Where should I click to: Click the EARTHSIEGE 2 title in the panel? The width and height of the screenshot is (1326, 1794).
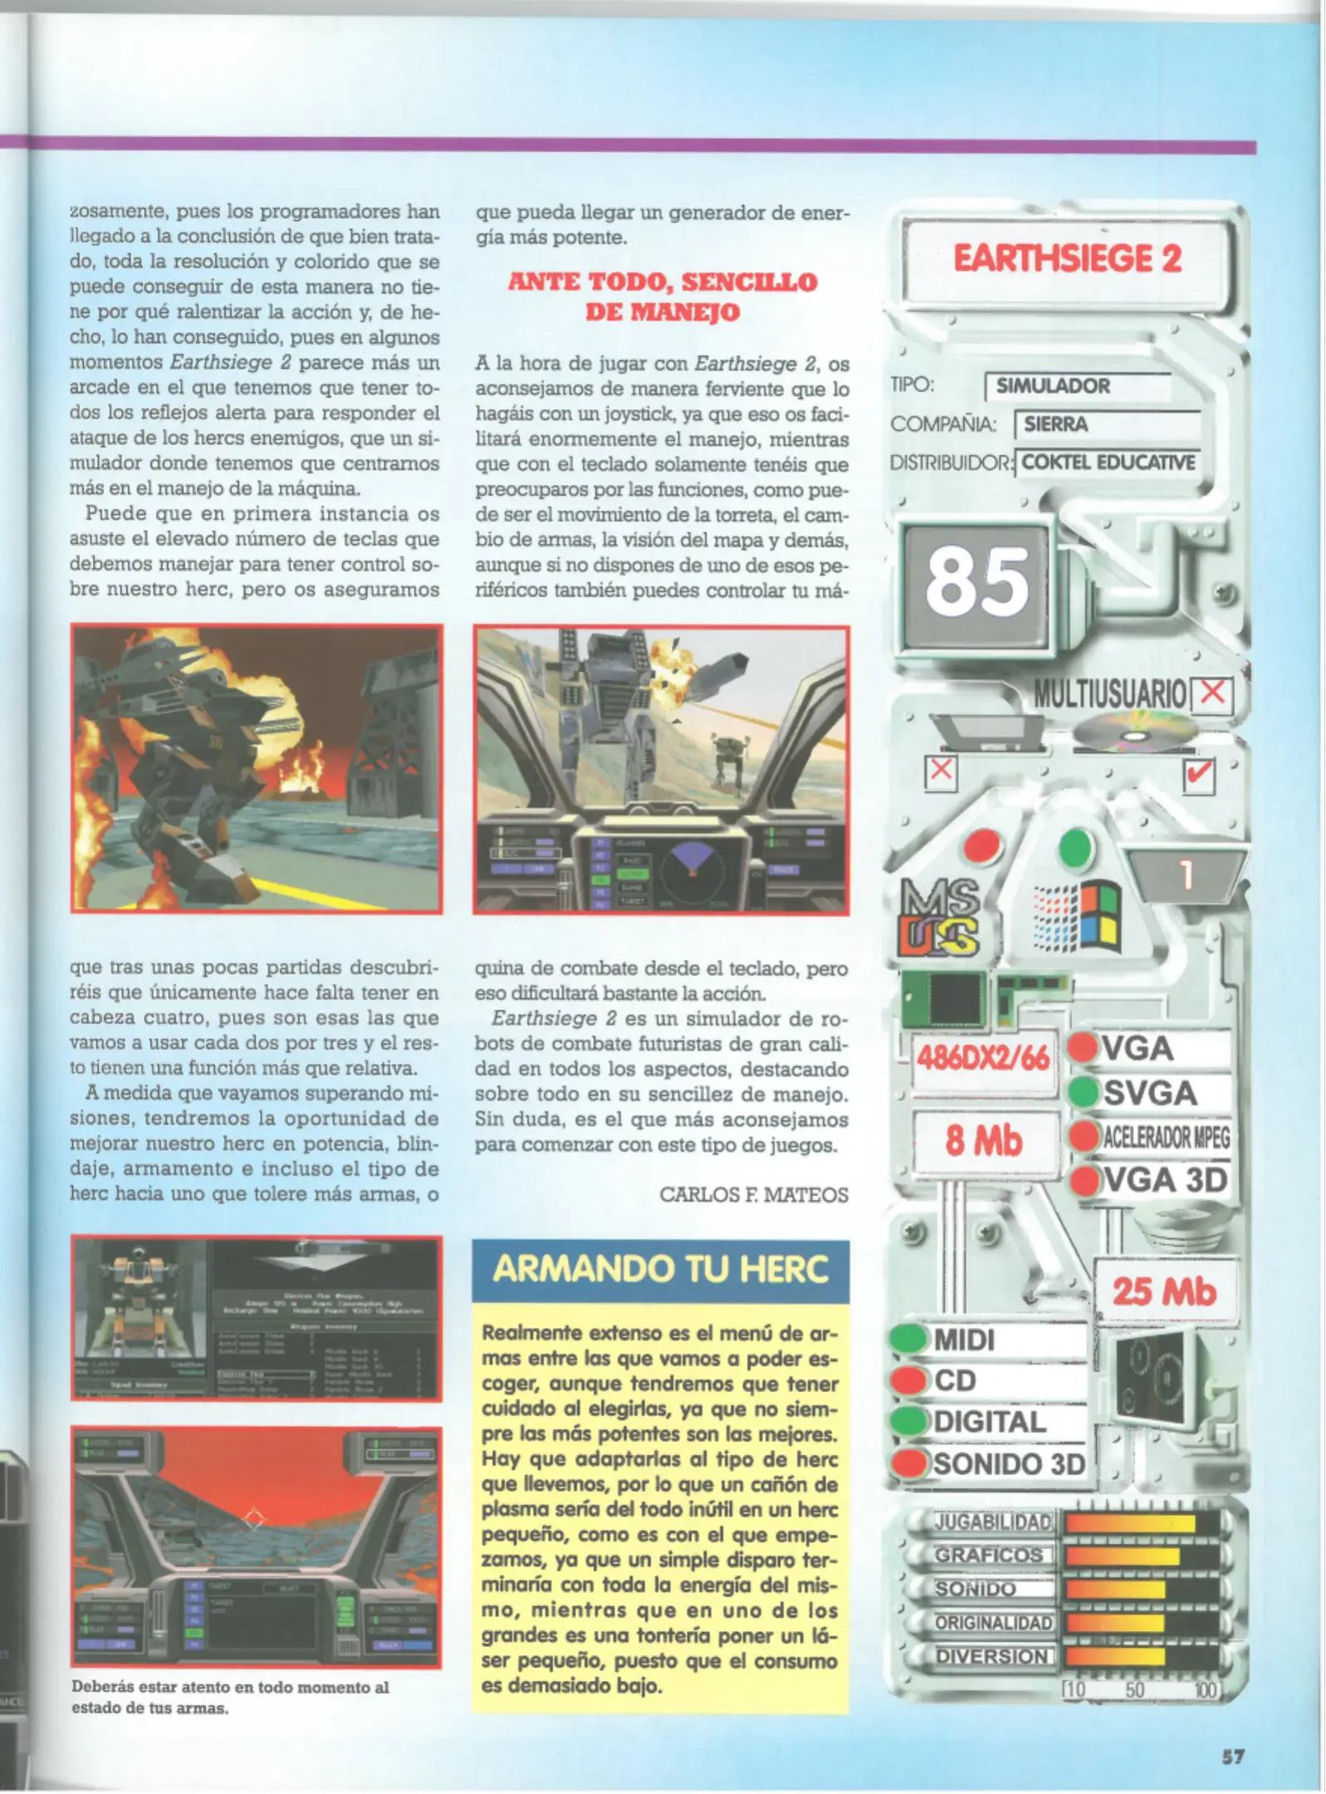[1066, 258]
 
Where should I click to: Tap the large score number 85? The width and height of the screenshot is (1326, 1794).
[976, 584]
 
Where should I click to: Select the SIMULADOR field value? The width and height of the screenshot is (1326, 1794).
[1052, 386]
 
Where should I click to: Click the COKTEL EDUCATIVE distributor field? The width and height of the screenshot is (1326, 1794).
[1108, 463]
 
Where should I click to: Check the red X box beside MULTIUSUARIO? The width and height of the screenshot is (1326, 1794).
[1212, 693]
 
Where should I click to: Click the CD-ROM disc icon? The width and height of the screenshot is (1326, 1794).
[1134, 733]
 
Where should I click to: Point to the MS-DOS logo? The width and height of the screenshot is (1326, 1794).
[939, 917]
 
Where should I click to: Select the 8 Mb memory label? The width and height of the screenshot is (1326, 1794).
[983, 1141]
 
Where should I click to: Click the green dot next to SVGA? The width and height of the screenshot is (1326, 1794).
[1084, 1092]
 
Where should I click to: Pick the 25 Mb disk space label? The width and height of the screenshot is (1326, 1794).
[1164, 1292]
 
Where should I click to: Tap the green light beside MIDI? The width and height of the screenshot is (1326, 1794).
[908, 1339]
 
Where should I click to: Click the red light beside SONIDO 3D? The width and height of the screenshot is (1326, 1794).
[910, 1463]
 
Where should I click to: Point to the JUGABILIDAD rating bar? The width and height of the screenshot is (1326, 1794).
[1142, 1523]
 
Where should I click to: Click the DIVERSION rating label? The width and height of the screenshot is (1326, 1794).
[993, 1656]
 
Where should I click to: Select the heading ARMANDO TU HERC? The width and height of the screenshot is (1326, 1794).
[660, 1270]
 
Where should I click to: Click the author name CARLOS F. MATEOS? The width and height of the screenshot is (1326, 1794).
[753, 1194]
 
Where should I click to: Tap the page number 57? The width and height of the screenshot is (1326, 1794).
[1232, 1756]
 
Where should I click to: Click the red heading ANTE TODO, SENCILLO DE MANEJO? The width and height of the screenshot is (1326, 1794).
[662, 297]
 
